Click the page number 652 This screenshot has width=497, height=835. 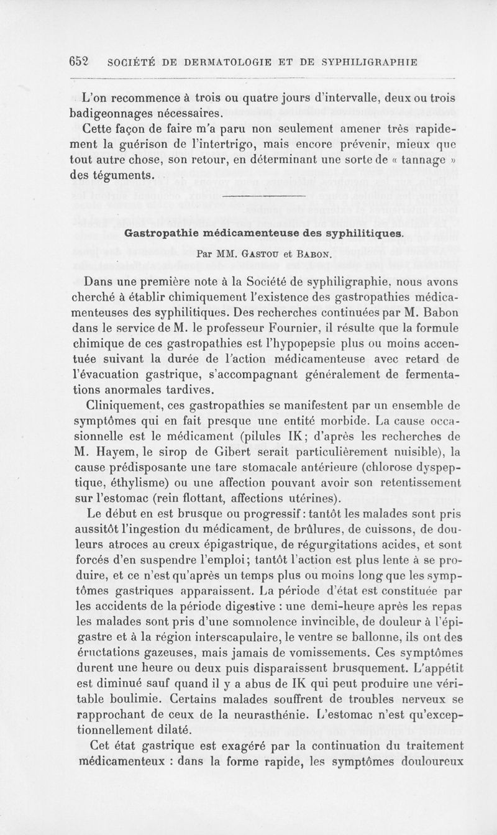tap(80, 62)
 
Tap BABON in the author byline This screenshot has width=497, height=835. tap(312, 253)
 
